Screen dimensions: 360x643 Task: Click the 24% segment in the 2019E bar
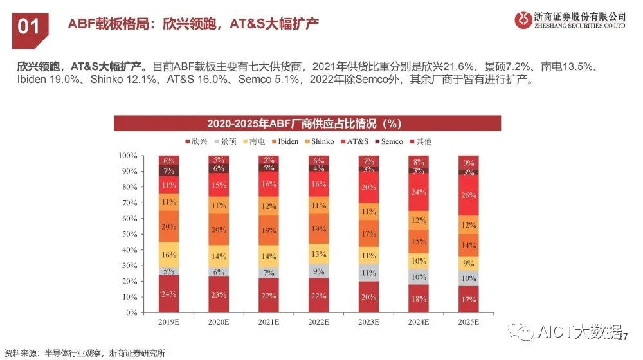click(x=168, y=294)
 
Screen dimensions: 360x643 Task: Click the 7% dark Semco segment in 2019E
click(x=168, y=171)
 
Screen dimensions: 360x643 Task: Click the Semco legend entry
click(x=388, y=141)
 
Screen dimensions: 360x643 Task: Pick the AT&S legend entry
click(x=353, y=141)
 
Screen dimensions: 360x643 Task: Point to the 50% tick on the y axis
click(x=129, y=234)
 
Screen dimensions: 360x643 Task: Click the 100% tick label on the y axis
click(x=127, y=156)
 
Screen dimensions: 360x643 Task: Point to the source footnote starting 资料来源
click(x=84, y=352)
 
